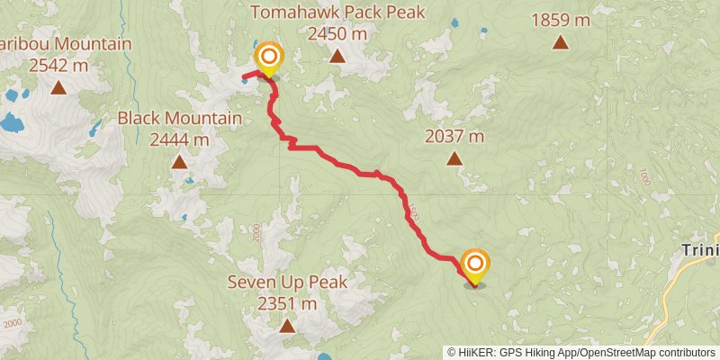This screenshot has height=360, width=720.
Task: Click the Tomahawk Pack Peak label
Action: [337, 13]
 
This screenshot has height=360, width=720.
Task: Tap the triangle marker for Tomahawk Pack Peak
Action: [337, 57]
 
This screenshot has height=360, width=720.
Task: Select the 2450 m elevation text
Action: [337, 33]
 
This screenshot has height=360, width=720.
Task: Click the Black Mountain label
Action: [180, 118]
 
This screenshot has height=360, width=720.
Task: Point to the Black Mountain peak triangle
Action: [179, 163]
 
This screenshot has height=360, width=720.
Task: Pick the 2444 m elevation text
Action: [179, 139]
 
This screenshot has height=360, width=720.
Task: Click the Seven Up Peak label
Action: [287, 282]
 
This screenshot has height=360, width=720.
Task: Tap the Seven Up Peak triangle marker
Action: [286, 326]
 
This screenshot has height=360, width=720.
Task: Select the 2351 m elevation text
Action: [287, 303]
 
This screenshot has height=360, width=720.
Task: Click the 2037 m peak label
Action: [454, 137]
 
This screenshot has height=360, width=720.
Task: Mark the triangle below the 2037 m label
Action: [454, 159]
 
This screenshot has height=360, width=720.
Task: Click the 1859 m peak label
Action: [561, 18]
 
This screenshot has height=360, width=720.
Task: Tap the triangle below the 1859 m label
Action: [561, 41]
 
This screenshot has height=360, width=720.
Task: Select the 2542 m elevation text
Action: [58, 65]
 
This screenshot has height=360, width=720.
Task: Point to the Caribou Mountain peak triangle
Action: [58, 87]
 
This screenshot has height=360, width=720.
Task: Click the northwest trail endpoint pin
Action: [268, 60]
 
